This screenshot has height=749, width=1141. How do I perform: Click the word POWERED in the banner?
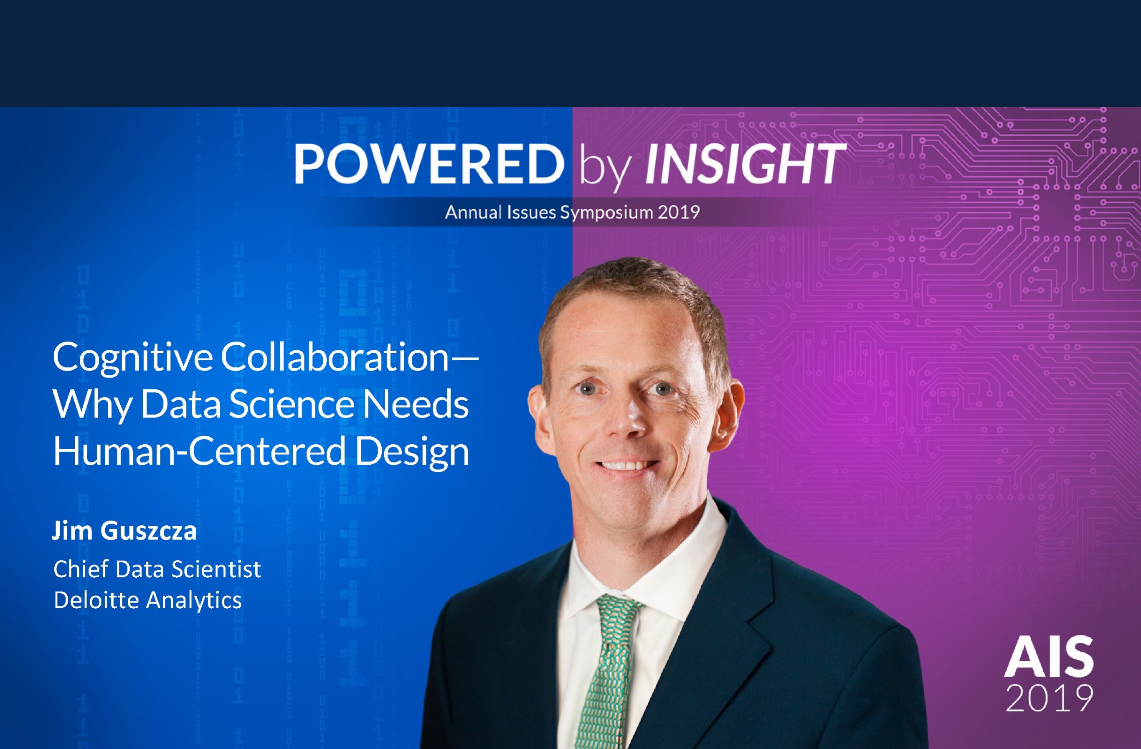429,164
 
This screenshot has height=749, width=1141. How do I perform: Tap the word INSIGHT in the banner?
745,164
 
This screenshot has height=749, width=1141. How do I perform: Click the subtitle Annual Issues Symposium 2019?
572,212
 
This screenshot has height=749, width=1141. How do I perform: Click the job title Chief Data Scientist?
157,569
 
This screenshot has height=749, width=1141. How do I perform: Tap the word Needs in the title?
415,404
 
